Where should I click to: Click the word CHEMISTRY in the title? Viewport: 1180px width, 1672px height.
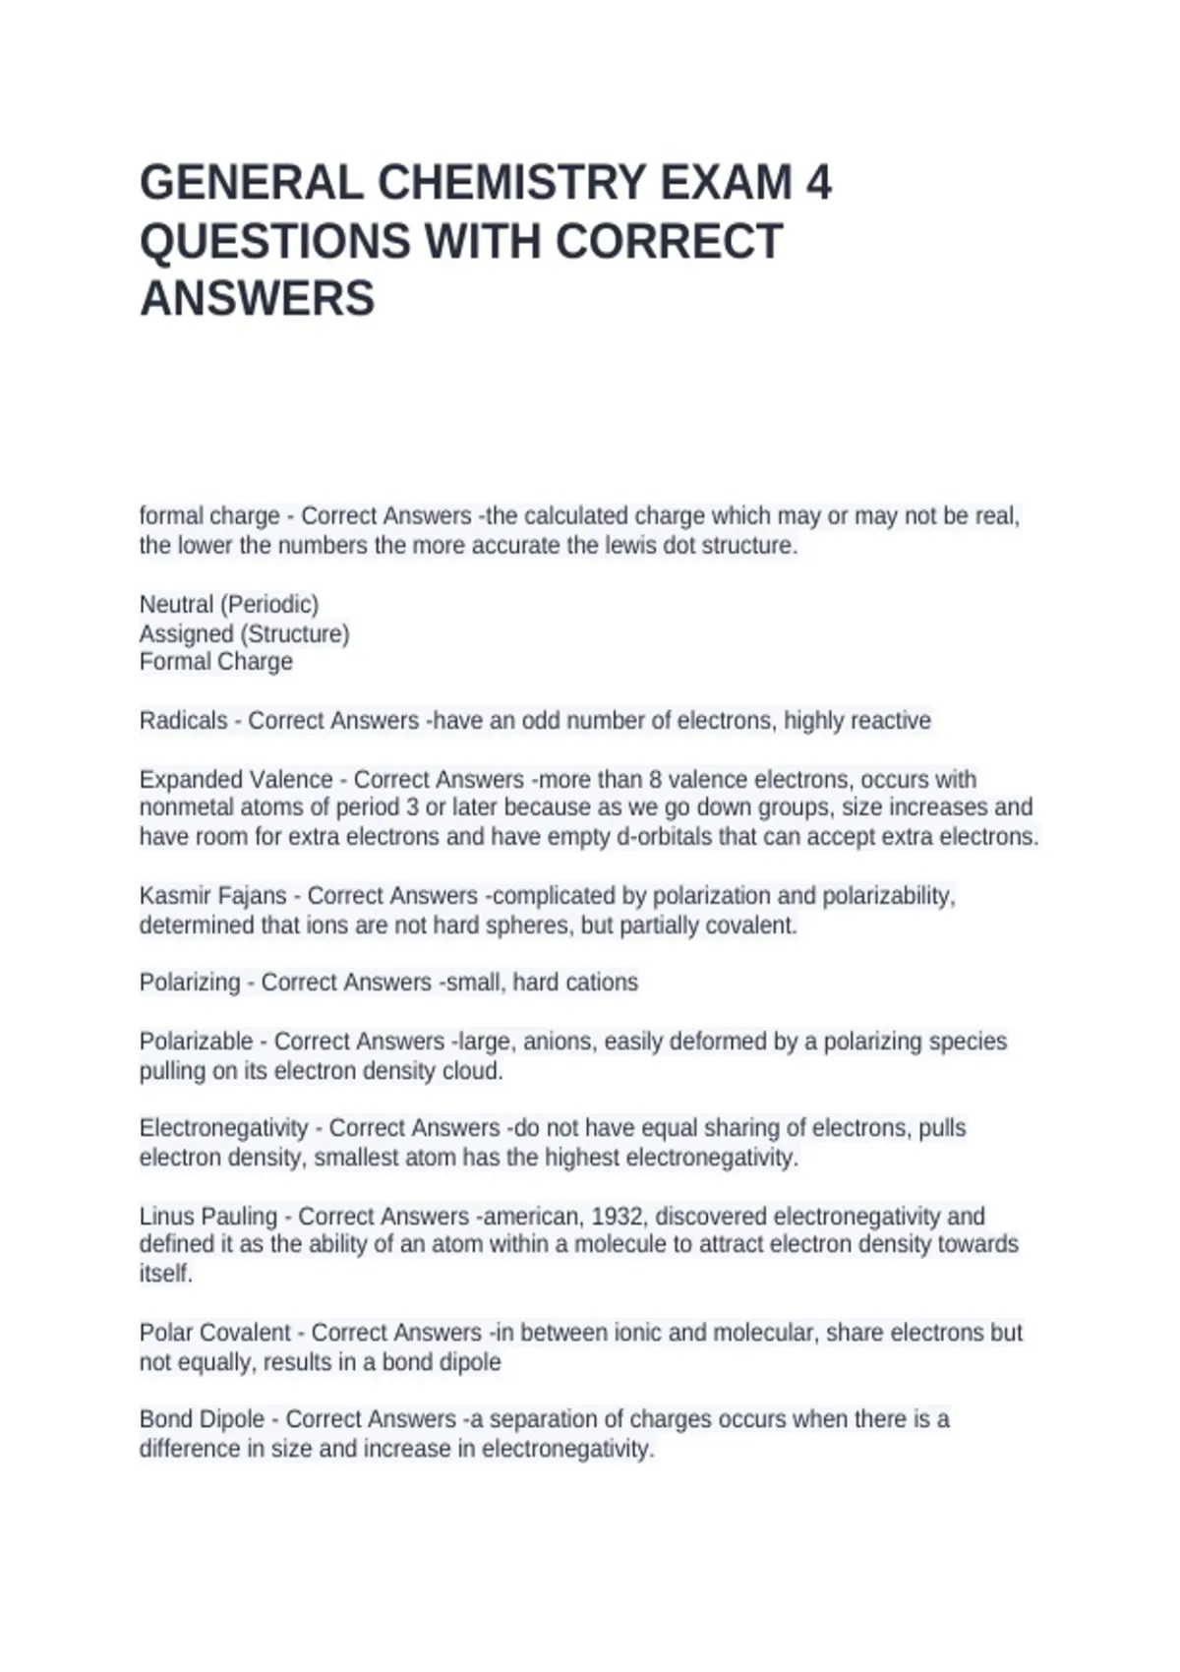[x=511, y=183]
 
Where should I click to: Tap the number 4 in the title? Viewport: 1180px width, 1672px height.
[x=818, y=183]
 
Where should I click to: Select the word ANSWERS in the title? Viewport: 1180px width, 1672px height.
[x=258, y=298]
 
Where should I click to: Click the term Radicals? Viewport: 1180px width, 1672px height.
[x=183, y=721]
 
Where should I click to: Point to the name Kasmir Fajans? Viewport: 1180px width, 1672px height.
[x=212, y=896]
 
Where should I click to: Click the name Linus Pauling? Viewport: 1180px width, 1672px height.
[x=207, y=1217]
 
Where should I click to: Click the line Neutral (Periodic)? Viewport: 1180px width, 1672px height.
[x=229, y=604]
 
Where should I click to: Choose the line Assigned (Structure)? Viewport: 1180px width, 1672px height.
[x=244, y=633]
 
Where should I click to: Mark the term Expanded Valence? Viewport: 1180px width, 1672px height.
[x=236, y=780]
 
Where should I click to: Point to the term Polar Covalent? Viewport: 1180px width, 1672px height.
[x=215, y=1333]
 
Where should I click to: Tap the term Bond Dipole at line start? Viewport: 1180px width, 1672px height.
[x=202, y=1419]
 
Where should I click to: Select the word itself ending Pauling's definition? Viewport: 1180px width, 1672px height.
[x=165, y=1274]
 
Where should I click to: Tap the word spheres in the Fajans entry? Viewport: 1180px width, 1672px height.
[x=532, y=926]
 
